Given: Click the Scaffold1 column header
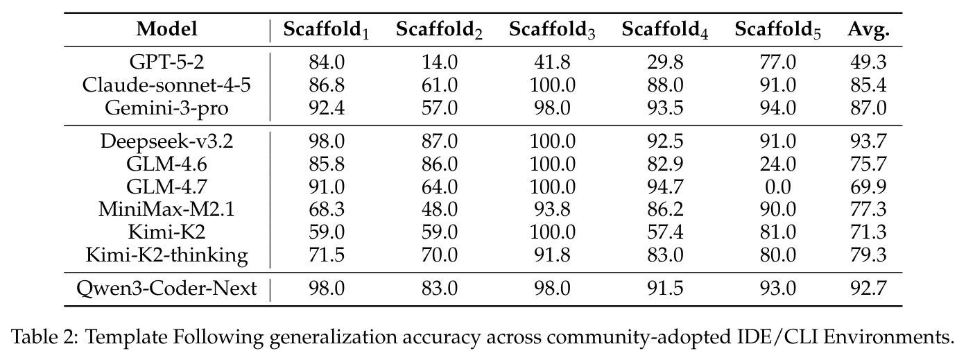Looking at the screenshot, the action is (x=327, y=31).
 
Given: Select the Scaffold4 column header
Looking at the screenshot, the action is (x=665, y=31).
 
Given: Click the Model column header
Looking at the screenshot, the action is (x=167, y=29).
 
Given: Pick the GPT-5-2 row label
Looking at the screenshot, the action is (x=167, y=62).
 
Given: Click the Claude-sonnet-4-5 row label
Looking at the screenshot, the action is (x=166, y=85).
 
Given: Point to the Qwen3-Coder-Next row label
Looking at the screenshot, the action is (x=166, y=288).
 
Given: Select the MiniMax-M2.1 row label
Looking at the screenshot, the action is (x=166, y=209).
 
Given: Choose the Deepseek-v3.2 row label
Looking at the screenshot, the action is (x=166, y=142).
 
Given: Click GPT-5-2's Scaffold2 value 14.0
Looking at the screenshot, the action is (x=440, y=62).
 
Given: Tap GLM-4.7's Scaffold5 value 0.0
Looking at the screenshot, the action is (x=778, y=187).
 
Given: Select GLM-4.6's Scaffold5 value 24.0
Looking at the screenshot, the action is (x=778, y=164).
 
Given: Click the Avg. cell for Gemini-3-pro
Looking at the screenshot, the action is (x=868, y=108).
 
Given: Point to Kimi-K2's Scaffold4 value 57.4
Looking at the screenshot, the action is (x=665, y=232).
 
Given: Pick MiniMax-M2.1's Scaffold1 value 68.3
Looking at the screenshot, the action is (x=327, y=209).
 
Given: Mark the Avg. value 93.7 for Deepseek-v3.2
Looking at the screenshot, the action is (x=868, y=142).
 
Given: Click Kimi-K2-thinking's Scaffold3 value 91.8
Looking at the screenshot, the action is (x=553, y=255).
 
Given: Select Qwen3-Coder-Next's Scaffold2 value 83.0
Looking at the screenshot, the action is (x=440, y=288).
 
